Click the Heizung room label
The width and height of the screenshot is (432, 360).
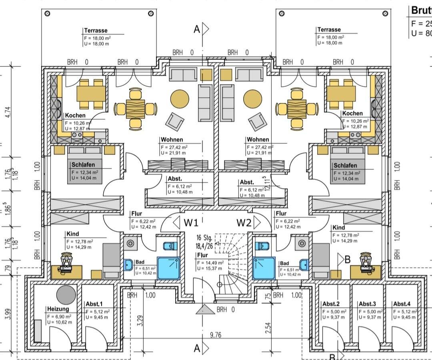click(58, 309)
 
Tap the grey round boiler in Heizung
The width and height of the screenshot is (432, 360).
click(66, 295)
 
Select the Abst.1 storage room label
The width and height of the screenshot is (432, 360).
click(94, 304)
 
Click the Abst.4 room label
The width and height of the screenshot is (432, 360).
click(402, 304)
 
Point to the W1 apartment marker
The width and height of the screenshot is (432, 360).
click(191, 222)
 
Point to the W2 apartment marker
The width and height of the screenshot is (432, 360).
click(244, 222)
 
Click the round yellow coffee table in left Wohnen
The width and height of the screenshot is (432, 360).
click(180, 99)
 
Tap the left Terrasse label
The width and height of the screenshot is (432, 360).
click(96, 30)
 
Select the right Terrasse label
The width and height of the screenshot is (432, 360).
click(329, 30)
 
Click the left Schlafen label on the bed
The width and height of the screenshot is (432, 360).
click(82, 165)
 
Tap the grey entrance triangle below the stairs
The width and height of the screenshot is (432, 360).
click(205, 309)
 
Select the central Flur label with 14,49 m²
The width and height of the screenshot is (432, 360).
click(202, 255)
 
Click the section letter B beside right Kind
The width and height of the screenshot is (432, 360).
click(348, 259)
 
